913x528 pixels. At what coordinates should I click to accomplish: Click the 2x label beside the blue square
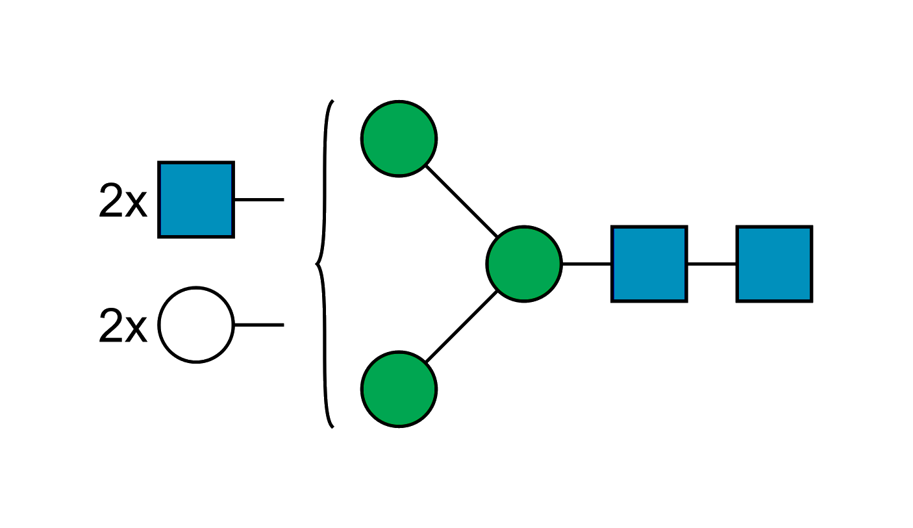[x=123, y=201]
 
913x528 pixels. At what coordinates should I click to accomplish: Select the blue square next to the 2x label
[x=195, y=199]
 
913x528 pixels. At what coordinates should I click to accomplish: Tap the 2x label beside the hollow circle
[x=123, y=326]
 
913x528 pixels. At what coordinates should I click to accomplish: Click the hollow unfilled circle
[x=195, y=324]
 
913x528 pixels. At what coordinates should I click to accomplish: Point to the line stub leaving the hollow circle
[x=259, y=323]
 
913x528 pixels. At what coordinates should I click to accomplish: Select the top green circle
[x=399, y=138]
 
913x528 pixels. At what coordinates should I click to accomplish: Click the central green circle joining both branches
[x=523, y=264]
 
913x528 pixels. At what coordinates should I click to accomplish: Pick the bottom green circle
[x=399, y=389]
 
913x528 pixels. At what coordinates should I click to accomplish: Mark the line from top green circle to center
[x=461, y=201]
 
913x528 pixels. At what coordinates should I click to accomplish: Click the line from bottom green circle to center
[x=461, y=327]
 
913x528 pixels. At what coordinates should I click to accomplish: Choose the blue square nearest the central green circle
[x=649, y=264]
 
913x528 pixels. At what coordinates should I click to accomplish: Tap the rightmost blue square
[x=773, y=264]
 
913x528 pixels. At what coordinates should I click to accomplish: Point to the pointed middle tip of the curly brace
[x=316, y=264]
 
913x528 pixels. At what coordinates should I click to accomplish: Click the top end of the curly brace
[x=332, y=101]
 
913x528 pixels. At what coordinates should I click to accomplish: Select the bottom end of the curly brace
[x=332, y=427]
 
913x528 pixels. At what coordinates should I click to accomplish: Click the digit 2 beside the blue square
[x=110, y=201]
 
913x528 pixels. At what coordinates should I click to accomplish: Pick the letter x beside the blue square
[x=136, y=206]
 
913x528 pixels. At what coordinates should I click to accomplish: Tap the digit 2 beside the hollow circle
[x=110, y=326]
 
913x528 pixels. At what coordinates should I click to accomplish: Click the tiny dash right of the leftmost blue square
[x=283, y=200]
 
